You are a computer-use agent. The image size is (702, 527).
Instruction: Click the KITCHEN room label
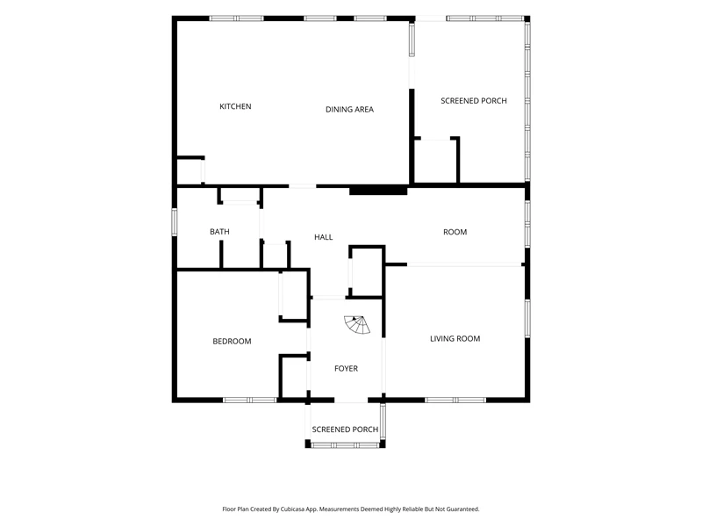235,106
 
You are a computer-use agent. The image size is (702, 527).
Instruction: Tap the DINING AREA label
349,109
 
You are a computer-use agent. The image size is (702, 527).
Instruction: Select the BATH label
219,231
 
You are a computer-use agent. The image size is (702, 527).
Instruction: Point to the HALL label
323,237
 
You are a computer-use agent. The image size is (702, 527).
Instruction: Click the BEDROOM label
232,341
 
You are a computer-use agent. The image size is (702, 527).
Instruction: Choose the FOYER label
346,368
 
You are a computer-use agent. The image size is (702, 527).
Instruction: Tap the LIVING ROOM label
455,338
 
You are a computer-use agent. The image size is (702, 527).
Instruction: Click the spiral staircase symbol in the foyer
357,325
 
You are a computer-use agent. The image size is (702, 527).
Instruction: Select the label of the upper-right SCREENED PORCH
474,101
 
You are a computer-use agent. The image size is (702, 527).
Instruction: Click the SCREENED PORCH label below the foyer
345,430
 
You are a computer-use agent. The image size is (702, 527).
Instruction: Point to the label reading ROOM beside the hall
455,232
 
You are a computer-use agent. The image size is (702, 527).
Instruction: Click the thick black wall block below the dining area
378,191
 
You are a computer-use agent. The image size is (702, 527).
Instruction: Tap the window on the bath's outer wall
175,222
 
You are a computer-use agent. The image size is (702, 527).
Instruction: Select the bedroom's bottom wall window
250,400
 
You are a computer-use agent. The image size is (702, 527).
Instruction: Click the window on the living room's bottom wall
455,400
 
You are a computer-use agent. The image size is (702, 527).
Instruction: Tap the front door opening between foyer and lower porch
351,401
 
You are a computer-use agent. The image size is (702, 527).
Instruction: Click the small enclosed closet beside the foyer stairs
366,271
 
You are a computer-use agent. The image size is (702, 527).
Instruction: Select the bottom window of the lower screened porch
345,445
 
